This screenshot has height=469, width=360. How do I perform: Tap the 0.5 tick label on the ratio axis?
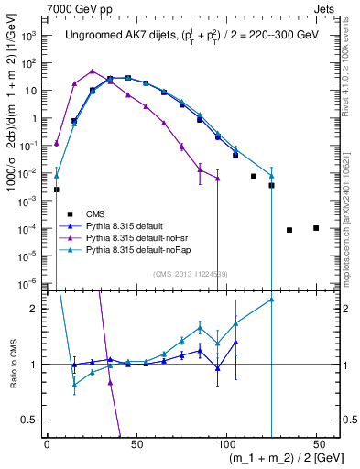pos(30,420)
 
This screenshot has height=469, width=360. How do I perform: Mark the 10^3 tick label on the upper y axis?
pos(27,37)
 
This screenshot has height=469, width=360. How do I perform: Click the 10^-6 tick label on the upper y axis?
pos(27,282)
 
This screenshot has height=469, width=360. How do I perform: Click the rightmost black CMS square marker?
pos(316,228)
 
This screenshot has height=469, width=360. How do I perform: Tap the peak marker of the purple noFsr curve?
pos(93,71)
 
